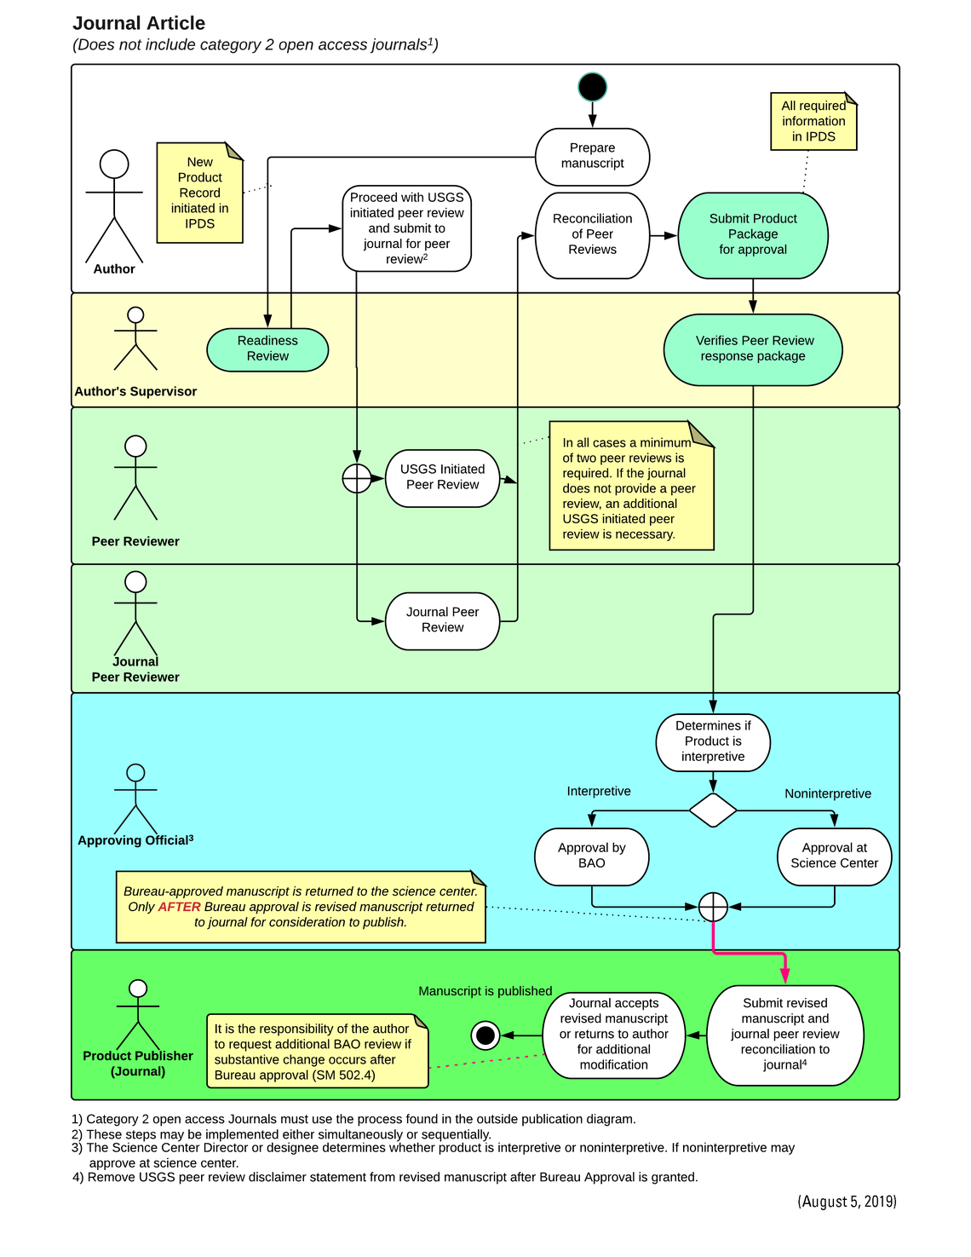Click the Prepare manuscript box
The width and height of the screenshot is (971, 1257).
(592, 156)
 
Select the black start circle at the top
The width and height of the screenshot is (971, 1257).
(592, 87)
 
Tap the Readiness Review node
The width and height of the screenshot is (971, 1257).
(267, 349)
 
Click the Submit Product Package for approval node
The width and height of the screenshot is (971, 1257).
(753, 234)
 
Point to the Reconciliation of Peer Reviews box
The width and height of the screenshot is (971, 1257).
(592, 234)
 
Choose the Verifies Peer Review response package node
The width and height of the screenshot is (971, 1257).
(753, 349)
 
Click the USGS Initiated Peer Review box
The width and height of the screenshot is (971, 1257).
(442, 477)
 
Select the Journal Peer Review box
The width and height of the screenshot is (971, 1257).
(442, 620)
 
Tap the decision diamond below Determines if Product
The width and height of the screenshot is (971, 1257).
(713, 810)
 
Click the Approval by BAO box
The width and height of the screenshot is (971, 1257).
(591, 856)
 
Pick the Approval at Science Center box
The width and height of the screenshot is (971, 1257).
(834, 856)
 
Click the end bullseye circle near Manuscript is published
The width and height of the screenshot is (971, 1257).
(485, 1035)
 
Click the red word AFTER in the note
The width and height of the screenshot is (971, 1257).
(179, 907)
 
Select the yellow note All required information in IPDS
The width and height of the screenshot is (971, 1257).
(813, 121)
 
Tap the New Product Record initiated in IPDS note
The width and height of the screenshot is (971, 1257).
(200, 193)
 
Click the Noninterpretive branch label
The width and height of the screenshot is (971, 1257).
(828, 793)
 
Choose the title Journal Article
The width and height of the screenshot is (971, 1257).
(139, 23)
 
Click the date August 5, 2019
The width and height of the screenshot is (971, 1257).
(847, 1202)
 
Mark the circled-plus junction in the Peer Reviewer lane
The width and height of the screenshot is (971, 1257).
(357, 479)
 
